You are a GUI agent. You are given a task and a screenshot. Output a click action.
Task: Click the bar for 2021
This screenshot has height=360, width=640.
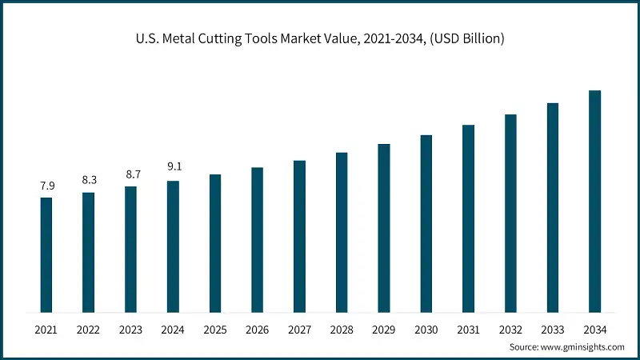click(x=46, y=254)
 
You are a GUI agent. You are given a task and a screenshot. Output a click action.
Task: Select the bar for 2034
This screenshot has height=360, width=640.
click(x=595, y=201)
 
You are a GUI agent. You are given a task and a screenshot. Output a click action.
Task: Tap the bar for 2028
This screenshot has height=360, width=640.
click(x=342, y=232)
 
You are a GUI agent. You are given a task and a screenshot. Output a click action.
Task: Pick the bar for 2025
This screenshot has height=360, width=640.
click(x=215, y=243)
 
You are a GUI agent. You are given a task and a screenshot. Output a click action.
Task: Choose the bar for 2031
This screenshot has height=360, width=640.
click(x=469, y=218)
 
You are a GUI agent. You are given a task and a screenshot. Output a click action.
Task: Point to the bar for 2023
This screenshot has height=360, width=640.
click(x=130, y=249)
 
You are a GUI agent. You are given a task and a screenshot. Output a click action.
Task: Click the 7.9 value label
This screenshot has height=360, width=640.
click(x=46, y=186)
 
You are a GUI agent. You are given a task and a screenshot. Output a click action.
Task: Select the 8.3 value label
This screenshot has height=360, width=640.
click(x=89, y=180)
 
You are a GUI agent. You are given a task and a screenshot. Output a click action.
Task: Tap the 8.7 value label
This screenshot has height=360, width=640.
click(x=130, y=174)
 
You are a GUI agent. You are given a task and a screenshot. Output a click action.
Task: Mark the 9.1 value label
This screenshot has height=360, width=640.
click(x=173, y=168)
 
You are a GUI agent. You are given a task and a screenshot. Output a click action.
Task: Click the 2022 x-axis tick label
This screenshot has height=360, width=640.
click(x=89, y=330)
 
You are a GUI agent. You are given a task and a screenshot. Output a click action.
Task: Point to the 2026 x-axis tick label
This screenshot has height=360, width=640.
click(x=258, y=330)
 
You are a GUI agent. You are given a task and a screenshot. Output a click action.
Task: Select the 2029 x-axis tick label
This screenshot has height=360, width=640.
click(x=384, y=330)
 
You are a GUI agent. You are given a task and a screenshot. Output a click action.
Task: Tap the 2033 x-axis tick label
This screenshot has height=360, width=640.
click(x=553, y=330)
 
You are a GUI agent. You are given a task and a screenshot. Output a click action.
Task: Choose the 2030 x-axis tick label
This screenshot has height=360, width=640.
click(x=426, y=330)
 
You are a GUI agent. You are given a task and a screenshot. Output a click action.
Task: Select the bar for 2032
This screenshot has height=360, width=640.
click(x=510, y=213)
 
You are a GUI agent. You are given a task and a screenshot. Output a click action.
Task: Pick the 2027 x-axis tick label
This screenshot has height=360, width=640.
click(x=299, y=330)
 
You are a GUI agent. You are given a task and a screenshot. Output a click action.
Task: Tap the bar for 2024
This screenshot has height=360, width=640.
click(x=173, y=246)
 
